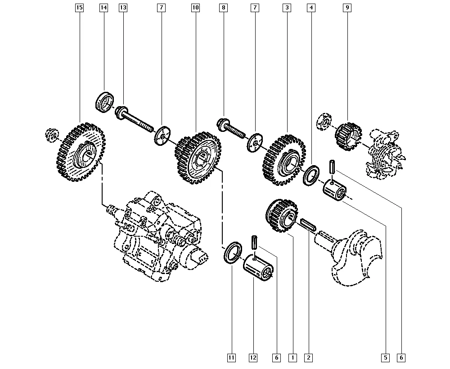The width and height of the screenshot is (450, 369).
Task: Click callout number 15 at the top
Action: point(79,8)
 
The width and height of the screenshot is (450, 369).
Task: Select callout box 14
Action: point(103,8)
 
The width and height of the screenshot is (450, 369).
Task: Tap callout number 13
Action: point(123,8)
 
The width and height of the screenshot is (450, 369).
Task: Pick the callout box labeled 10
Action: point(195,8)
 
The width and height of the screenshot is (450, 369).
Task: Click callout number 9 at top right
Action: point(347,8)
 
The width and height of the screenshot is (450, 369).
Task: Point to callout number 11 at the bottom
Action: point(231,358)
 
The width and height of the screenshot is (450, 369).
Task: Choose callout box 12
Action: point(253,358)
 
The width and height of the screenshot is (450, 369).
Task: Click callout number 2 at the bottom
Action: point(309,358)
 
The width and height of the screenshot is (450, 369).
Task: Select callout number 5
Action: point(386,358)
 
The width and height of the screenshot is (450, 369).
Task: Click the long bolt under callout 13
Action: point(134,119)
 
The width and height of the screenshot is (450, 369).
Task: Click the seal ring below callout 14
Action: point(104,103)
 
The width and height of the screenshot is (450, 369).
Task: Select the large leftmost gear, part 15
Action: point(81,152)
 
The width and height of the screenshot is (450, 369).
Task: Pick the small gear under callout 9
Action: point(348,137)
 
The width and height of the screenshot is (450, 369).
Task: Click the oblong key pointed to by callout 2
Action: point(308,225)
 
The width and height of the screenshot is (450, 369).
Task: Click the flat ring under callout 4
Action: point(311,175)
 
